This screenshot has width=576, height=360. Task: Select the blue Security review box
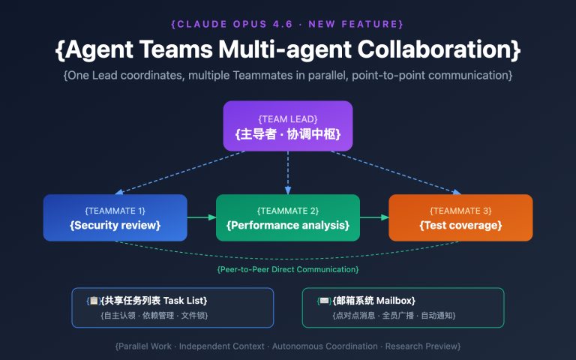coord(115,217)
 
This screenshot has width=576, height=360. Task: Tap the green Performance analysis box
coord(288,217)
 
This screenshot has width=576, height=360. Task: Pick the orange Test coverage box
coord(460,217)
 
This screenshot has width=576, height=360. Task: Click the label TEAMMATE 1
coord(115,211)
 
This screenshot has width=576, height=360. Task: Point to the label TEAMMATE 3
coord(460,211)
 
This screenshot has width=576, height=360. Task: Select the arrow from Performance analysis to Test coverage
coord(374,217)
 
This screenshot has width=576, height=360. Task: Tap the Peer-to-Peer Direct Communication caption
coord(288,268)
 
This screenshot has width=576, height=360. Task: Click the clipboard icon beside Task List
coord(94,301)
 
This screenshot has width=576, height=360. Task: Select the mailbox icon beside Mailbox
coord(324,301)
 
